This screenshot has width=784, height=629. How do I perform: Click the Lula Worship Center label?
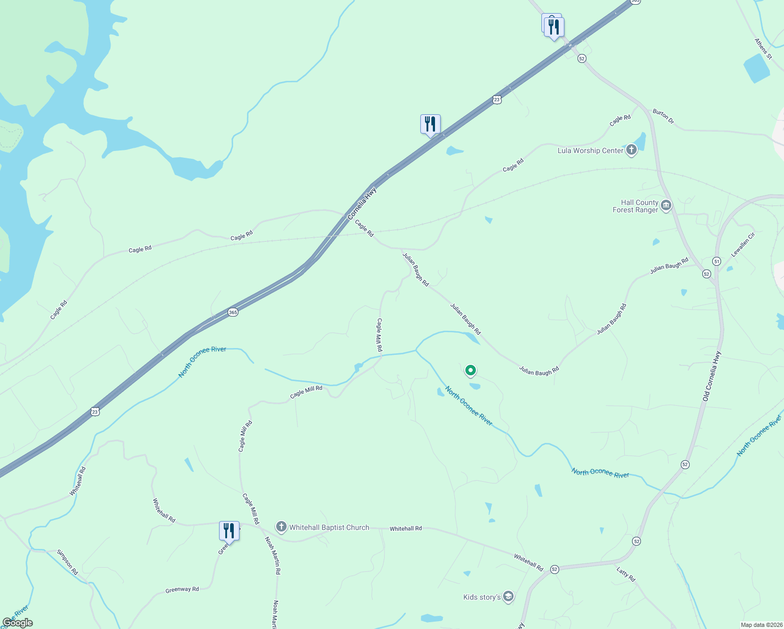tap(590, 151)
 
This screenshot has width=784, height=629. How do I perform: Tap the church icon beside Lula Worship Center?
tap(631, 150)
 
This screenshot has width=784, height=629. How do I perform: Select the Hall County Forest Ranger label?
tap(635, 206)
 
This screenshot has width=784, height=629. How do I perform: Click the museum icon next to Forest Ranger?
tap(666, 205)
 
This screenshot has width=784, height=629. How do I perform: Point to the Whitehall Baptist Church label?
tap(329, 528)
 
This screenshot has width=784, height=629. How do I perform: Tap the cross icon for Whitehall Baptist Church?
tap(281, 527)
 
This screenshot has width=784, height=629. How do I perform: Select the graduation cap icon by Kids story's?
tap(508, 597)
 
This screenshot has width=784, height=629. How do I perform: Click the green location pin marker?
tap(471, 371)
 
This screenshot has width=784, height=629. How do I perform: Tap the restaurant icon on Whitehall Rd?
tap(229, 531)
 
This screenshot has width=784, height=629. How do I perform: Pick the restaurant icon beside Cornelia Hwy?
tap(430, 124)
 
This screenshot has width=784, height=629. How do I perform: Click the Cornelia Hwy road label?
tap(362, 203)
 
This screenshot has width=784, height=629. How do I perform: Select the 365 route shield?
tap(233, 312)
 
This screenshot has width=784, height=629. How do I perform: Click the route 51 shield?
tap(716, 261)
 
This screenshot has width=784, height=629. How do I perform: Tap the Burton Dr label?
tap(663, 116)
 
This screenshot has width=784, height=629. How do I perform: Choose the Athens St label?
tap(763, 49)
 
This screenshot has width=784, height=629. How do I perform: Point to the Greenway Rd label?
tap(182, 590)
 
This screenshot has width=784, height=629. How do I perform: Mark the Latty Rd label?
tap(625, 574)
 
